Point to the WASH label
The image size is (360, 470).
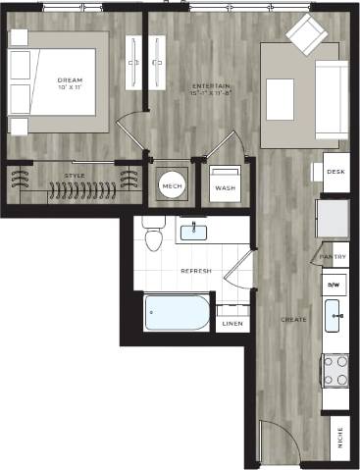point(225,187)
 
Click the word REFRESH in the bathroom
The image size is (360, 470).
point(196,269)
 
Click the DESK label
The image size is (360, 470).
point(336,172)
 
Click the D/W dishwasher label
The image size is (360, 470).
point(334,284)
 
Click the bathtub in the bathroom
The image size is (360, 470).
point(178,314)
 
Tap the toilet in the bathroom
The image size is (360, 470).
point(153,236)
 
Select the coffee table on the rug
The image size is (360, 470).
point(281,98)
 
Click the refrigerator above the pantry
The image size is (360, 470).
point(332,218)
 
